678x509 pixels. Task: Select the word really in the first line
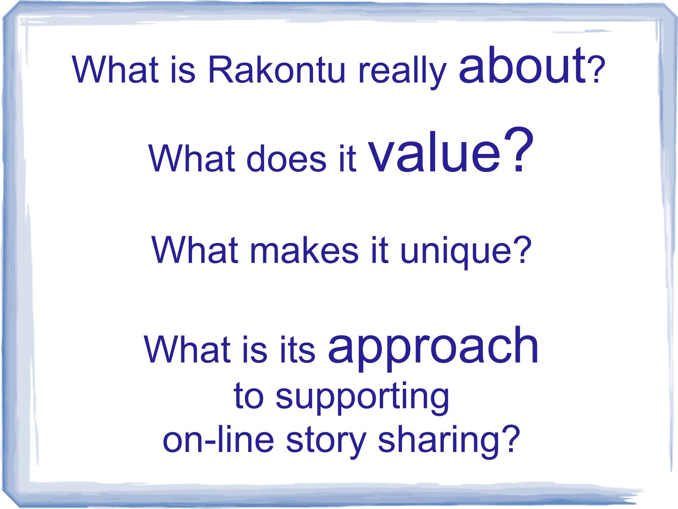pos(402,72)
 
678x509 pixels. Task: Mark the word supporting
pos(362,399)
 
